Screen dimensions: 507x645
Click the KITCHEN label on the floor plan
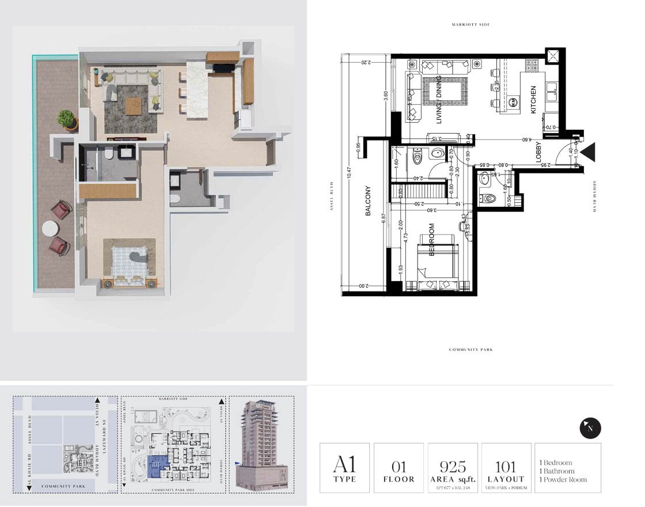pos(533,100)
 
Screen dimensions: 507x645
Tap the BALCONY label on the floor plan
pos(367,201)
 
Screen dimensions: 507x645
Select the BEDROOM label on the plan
pos(431,239)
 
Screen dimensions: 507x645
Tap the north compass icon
pos(590,428)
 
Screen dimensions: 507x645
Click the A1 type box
pos(344,468)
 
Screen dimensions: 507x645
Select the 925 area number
pos(453,466)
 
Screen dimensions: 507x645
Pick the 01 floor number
pos(399,466)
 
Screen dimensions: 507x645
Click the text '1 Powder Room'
pos(563,479)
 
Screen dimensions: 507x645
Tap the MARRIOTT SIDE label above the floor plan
pos(471,25)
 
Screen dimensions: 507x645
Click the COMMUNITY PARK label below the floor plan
pos(471,350)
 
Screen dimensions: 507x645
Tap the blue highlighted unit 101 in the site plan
pos(157,463)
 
